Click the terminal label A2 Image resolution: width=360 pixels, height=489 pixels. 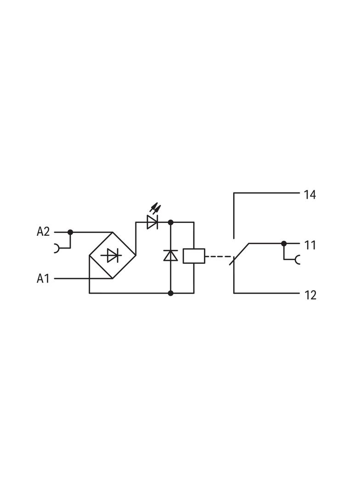(x=43, y=232)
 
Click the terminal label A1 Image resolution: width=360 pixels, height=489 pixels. (x=43, y=278)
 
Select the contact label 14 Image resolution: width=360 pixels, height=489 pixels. (x=310, y=194)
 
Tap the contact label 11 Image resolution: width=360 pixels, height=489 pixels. (x=310, y=245)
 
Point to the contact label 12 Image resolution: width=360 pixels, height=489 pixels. (x=310, y=295)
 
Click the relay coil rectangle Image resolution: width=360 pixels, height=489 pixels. (x=193, y=256)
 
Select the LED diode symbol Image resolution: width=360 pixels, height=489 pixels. (x=152, y=222)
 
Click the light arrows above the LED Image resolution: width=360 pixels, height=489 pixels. (x=156, y=209)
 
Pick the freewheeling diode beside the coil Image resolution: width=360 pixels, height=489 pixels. (x=170, y=255)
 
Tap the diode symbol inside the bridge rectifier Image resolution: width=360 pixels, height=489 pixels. (x=112, y=255)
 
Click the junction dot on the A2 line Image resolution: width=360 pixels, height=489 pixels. (x=70, y=232)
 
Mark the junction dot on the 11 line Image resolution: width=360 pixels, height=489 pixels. (x=284, y=243)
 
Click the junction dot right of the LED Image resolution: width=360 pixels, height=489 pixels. (x=170, y=222)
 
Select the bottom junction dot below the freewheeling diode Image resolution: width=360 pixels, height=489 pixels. (x=170, y=293)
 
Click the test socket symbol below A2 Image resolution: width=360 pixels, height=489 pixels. (x=57, y=248)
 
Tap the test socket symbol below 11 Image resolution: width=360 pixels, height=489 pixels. (x=297, y=260)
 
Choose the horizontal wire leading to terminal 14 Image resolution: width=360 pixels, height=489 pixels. (x=266, y=193)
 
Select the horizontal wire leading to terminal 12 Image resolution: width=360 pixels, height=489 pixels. (x=266, y=293)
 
